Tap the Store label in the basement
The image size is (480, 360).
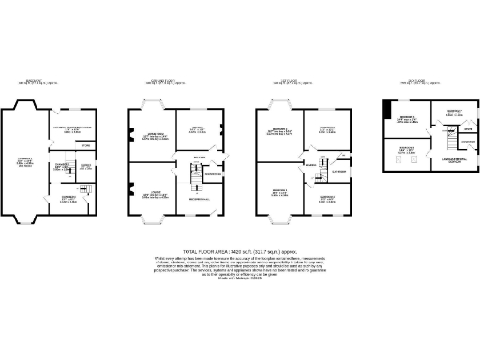[x=85, y=145]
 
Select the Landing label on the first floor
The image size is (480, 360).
[x=309, y=167]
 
